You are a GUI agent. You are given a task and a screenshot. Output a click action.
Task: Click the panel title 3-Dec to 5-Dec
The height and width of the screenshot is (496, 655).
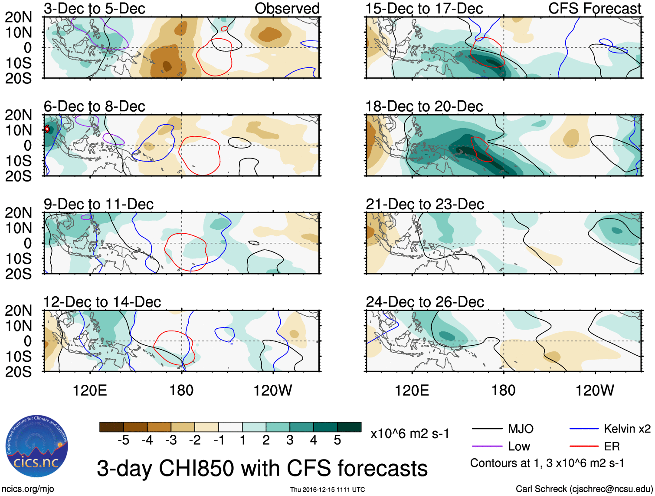point(94,8)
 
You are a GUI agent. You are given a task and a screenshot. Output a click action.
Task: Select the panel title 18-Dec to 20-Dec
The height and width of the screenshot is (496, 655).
point(424,106)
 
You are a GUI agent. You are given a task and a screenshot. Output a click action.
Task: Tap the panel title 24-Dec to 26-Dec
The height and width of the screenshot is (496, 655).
point(425,302)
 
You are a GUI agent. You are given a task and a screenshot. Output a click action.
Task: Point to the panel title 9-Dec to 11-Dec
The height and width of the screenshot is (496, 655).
point(98,204)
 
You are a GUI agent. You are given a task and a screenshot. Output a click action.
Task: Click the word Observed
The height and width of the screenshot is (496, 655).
point(287,8)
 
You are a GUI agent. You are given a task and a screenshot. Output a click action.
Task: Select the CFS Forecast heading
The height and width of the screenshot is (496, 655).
point(594,8)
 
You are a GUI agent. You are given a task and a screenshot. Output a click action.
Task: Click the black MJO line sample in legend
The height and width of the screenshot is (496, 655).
point(487,429)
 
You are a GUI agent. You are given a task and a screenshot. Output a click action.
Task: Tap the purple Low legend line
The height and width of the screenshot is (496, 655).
point(487,446)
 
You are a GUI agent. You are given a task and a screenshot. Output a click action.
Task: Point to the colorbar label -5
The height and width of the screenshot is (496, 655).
point(123,440)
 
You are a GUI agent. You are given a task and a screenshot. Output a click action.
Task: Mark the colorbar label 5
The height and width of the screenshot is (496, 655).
point(337,440)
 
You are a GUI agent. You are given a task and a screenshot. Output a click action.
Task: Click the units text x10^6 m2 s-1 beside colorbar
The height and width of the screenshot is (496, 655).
point(409,433)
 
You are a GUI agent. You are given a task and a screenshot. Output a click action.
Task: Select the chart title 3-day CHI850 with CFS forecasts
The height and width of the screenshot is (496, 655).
point(262,468)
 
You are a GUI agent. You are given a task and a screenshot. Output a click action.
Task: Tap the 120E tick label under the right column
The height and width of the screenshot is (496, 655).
point(412,390)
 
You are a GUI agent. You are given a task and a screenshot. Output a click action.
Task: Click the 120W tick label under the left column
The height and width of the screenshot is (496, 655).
point(272,390)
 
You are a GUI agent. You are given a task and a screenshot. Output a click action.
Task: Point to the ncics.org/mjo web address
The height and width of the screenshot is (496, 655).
point(27,489)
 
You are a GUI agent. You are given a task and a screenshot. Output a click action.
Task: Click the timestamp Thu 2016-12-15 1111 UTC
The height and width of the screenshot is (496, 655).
point(327,489)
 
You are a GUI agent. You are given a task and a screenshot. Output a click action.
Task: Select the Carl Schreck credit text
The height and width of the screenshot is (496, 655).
point(584,489)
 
